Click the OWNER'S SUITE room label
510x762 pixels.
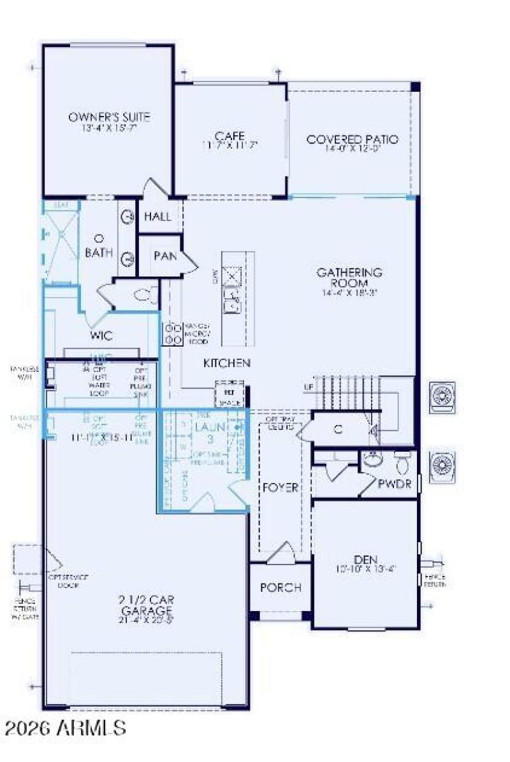109,117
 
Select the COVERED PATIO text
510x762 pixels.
352,139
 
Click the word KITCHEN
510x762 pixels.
226,363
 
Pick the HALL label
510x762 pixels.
157,217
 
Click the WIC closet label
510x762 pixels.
101,336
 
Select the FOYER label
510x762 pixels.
280,488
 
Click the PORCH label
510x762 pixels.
280,587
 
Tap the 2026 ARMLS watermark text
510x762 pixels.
64,728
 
